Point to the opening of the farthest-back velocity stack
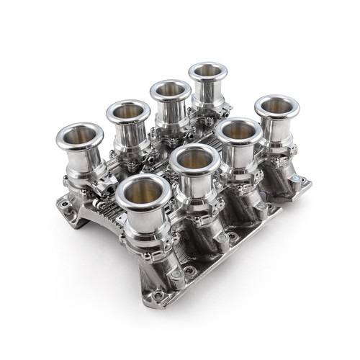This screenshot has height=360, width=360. pyautogui.click(x=209, y=73)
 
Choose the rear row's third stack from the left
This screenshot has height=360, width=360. pyautogui.click(x=170, y=91)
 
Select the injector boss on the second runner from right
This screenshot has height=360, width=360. pyautogui.click(x=261, y=199)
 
